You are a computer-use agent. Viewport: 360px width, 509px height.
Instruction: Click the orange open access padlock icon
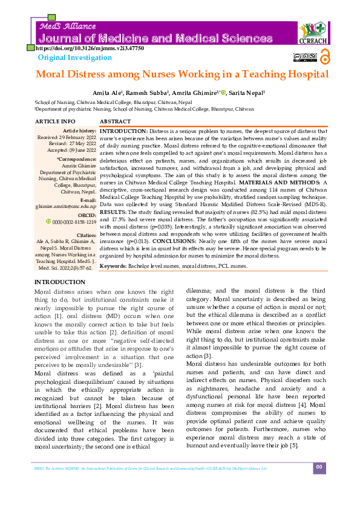pyautogui.click(x=324, y=57)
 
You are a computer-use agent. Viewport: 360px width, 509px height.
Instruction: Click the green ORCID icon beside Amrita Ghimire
pyautogui.click(x=223, y=92)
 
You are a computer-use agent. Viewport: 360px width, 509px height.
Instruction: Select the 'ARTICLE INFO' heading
pyautogui.click(x=56, y=122)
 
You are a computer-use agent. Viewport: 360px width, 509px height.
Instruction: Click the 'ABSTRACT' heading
pyautogui.click(x=115, y=122)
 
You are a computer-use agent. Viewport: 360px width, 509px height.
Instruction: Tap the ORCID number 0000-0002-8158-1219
pyautogui.click(x=70, y=205)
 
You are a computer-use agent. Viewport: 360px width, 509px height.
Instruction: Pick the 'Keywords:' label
pyautogui.click(x=113, y=266)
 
